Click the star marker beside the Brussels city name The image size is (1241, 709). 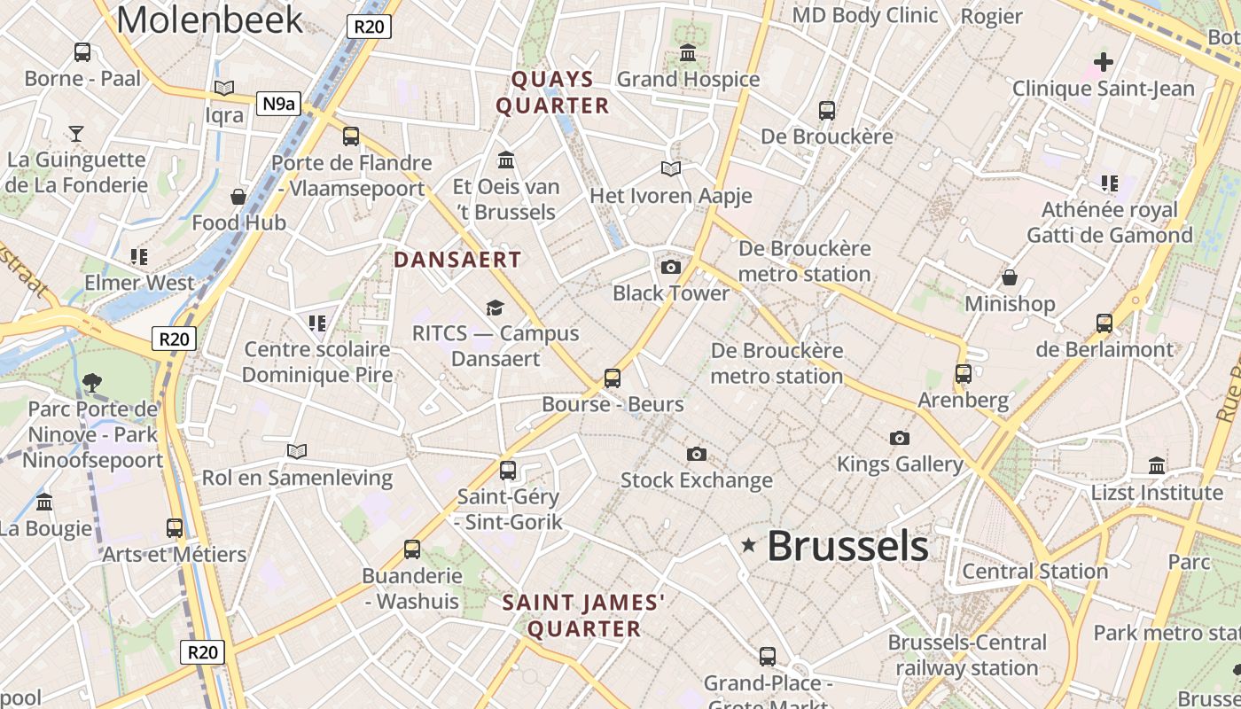point(749,545)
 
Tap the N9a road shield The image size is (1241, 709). point(277,104)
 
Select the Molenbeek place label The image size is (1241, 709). point(209,19)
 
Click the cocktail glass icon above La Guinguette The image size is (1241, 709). point(76,133)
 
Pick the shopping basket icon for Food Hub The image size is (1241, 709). point(238,196)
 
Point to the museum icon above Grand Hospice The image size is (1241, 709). point(688,53)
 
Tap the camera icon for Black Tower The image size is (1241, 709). point(671,267)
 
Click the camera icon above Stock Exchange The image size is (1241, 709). point(697,454)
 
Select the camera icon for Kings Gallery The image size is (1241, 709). point(900,438)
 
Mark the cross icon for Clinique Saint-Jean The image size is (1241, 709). point(1104,62)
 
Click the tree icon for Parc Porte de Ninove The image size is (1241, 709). point(91,383)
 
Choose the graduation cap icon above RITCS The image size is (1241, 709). point(495,308)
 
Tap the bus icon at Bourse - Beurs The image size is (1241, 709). point(613,378)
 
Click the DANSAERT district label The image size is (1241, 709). point(457,260)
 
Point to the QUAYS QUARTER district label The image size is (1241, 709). point(552,92)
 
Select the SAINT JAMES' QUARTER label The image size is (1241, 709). point(584,616)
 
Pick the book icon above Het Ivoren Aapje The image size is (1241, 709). point(671,168)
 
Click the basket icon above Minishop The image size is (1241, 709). point(1010,277)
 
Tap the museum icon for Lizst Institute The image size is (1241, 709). point(1157,465)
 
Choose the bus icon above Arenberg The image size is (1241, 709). point(964,374)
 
